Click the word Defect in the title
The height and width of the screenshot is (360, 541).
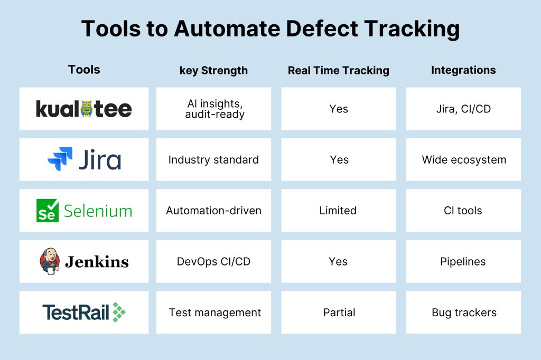322,29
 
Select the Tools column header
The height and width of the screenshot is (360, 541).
84,70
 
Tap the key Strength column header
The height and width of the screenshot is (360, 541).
213,71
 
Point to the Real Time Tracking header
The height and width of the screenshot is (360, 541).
339,70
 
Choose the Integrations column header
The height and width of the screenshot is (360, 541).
463,70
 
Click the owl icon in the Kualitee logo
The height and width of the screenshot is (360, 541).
86,109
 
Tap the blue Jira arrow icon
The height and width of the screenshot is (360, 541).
60,159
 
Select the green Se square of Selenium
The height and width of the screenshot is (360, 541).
47,210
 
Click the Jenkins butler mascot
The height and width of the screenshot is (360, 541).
50,261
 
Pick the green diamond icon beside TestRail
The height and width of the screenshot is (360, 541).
119,312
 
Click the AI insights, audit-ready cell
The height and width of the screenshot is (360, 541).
213,109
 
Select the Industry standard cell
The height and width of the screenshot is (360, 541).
213,159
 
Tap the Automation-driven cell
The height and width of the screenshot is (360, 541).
213,210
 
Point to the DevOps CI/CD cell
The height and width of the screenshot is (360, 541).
213,261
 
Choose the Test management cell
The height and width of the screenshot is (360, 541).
213,312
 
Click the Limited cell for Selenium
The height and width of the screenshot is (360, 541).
339,210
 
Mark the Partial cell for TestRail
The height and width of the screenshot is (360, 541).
339,312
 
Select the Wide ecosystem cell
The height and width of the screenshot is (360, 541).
463,159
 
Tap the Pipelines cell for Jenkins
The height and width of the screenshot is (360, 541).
463,261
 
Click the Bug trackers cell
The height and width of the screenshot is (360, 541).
463,312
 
